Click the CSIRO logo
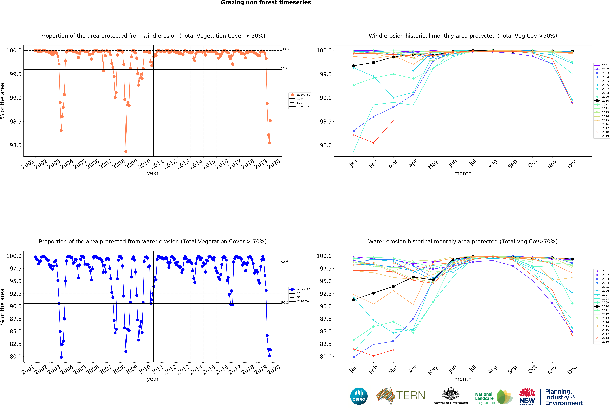coord(359,396)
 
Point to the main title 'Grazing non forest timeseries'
coord(266,3)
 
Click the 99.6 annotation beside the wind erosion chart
coord(285,68)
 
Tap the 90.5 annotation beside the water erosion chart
coord(285,302)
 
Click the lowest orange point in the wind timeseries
coord(126,151)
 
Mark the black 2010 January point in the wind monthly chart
coord(354,66)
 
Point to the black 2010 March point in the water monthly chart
coord(393,287)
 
